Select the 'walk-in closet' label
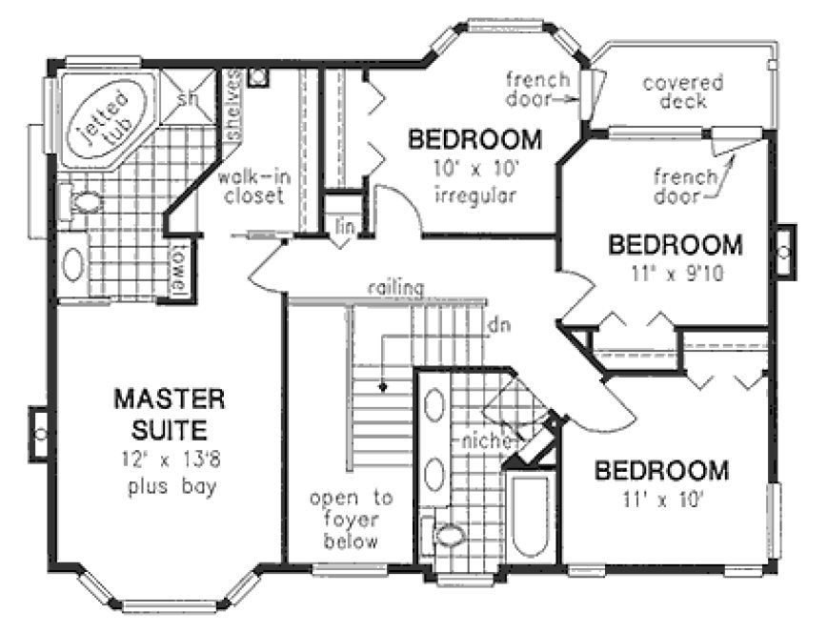pyautogui.click(x=251, y=187)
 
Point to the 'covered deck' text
pyautogui.click(x=682, y=92)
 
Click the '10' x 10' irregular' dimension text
pyautogui.click(x=474, y=184)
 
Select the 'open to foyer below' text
pyautogui.click(x=345, y=520)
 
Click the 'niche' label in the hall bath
pyautogui.click(x=483, y=441)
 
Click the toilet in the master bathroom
pyautogui.click(x=84, y=202)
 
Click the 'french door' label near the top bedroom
pyautogui.click(x=538, y=89)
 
